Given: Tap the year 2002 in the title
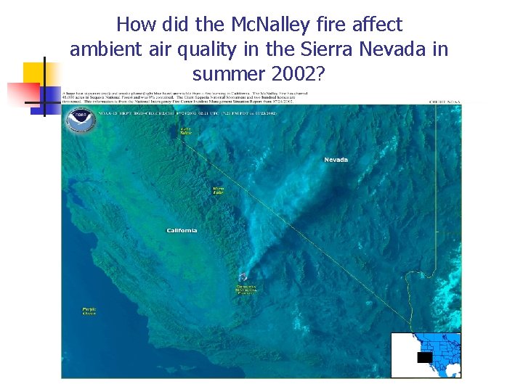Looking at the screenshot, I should pos(306,74).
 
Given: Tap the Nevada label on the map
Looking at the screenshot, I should pos(336,160).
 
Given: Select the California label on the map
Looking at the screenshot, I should pos(182,231).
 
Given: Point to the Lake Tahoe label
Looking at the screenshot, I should pos(187,131).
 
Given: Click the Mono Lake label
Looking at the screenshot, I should pos(218,190).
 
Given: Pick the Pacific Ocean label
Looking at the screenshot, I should pos(89,311).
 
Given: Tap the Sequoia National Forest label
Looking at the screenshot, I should pos(246,290).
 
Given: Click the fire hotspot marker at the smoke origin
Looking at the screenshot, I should pos(243,277).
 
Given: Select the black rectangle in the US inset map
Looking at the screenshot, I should pos(424,357).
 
